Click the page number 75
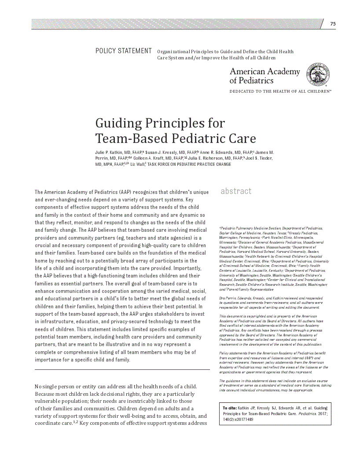click(x=333, y=24)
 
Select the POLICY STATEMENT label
click(x=123, y=51)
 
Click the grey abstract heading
click(x=236, y=191)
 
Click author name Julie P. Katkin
click(x=110, y=152)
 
